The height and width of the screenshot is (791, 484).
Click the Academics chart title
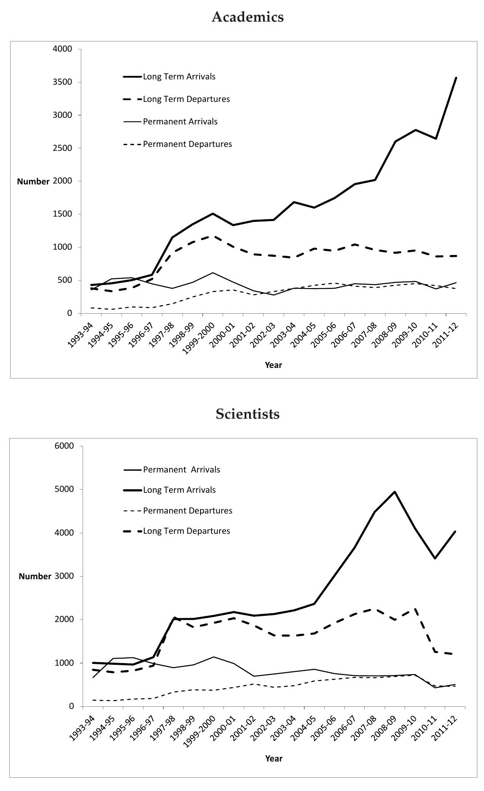pos(247,17)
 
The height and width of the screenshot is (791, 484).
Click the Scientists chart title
pos(247,414)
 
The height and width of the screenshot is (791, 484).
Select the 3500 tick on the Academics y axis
pos(63,82)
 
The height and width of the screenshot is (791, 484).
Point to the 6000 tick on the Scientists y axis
pos(64,446)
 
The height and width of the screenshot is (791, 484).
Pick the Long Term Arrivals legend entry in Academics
pos(179,77)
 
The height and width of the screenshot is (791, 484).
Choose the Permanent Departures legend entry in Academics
pos(187,144)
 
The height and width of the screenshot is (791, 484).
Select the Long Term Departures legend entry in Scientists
pos(186,531)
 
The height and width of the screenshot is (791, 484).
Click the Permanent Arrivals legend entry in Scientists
pos(181,470)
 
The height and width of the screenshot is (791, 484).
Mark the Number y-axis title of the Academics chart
pos(33,182)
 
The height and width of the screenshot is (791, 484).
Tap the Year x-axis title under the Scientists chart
pos(274,758)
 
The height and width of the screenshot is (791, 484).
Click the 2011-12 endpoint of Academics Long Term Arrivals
pos(456,78)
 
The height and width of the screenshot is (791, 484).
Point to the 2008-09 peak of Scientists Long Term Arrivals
pos(394,492)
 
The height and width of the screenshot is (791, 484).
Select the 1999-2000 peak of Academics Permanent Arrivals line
pos(213,273)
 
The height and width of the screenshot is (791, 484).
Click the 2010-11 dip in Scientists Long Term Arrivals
pos(435,559)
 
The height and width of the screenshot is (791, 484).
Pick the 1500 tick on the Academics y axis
pos(63,214)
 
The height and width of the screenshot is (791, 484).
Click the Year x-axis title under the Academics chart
pos(273,365)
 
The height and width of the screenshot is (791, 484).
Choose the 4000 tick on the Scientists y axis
pos(64,533)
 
